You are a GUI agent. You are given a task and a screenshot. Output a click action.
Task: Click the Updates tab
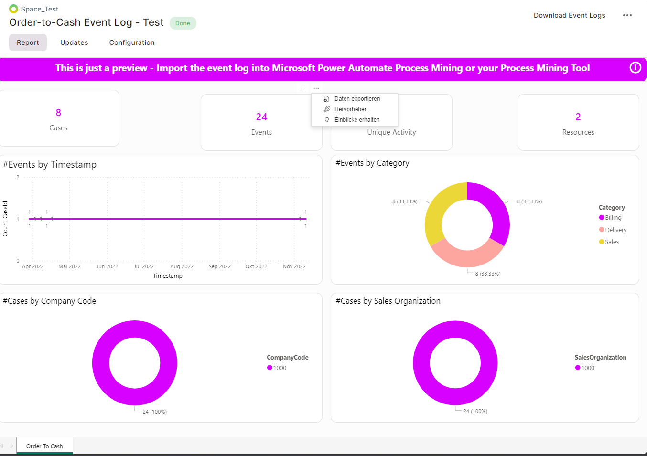click(74, 42)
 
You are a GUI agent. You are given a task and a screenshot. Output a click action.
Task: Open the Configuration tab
click(132, 42)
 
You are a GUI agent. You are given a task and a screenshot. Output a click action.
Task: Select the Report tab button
click(28, 42)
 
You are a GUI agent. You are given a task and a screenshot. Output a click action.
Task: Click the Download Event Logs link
click(569, 15)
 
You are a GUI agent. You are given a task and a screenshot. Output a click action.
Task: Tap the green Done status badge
click(183, 23)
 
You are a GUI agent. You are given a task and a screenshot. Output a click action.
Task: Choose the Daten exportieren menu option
click(357, 99)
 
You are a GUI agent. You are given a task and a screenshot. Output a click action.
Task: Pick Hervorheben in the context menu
click(351, 109)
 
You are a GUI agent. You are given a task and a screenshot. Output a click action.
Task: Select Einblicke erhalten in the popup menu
click(356, 120)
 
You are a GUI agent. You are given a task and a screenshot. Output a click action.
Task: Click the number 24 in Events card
click(261, 117)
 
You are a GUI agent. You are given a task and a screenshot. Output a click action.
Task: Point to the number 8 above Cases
click(58, 113)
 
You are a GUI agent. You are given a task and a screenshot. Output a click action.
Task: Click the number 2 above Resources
click(578, 117)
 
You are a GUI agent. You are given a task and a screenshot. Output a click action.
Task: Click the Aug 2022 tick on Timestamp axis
click(182, 266)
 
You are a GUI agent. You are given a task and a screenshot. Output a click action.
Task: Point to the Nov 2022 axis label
click(294, 266)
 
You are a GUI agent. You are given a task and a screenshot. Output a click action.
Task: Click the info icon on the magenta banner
click(635, 68)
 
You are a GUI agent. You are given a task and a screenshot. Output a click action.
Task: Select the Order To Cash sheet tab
click(44, 446)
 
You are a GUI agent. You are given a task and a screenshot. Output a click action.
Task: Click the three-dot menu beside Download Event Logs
click(627, 15)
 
